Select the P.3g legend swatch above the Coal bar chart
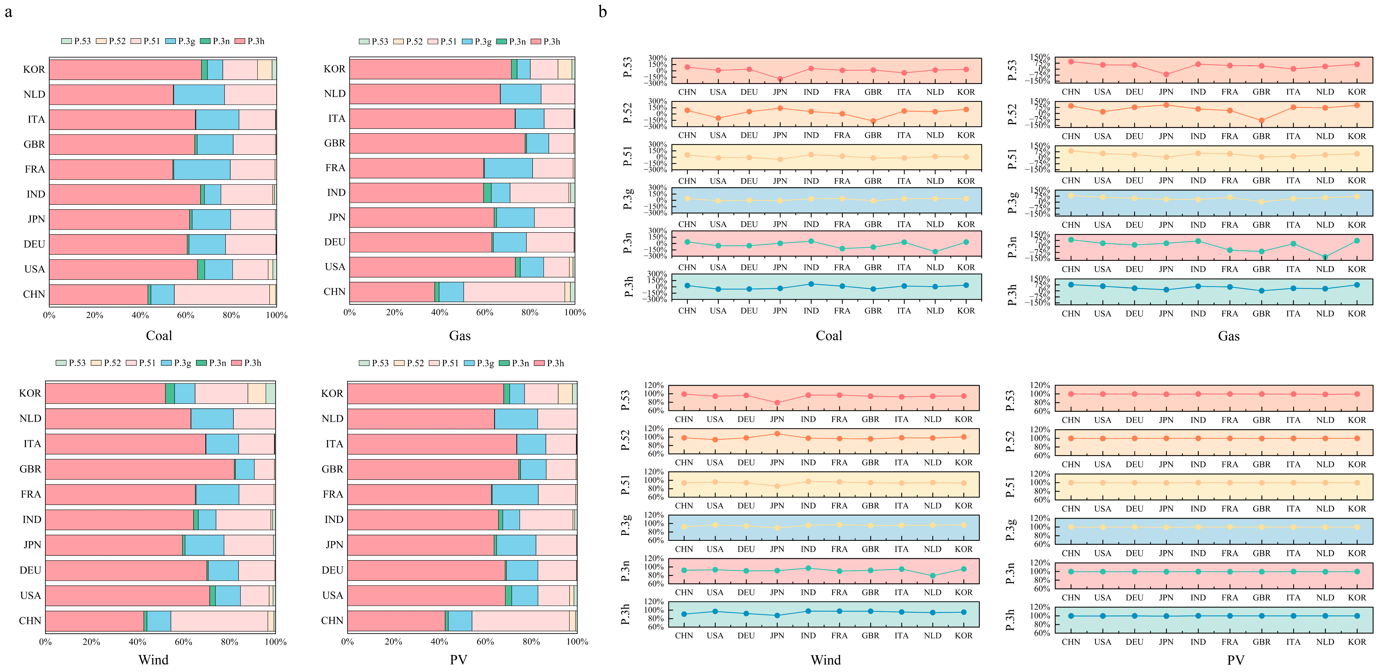[170, 41]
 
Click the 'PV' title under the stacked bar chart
[458, 660]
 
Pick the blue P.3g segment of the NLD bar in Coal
[199, 95]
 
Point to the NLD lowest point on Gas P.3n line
[1325, 257]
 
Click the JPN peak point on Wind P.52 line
[777, 433]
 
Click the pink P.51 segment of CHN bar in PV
[520, 621]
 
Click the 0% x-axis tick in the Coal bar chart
[49, 315]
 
